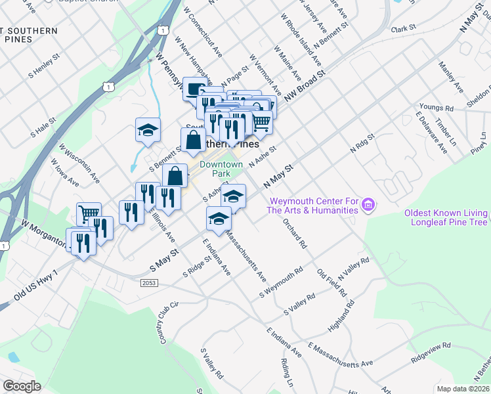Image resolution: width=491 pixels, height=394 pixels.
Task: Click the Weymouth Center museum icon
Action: (369, 206)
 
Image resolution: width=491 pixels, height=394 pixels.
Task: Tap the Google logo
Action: (22, 386)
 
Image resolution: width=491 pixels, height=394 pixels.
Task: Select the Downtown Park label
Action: (221, 169)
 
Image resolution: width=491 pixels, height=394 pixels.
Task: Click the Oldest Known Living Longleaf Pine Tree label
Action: (446, 218)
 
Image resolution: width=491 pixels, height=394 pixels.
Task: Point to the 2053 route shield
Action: (148, 282)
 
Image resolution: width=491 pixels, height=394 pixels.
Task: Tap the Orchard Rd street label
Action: (295, 234)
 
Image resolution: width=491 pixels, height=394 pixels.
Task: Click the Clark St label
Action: (404, 29)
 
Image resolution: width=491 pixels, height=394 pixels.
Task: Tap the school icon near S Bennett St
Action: (148, 129)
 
